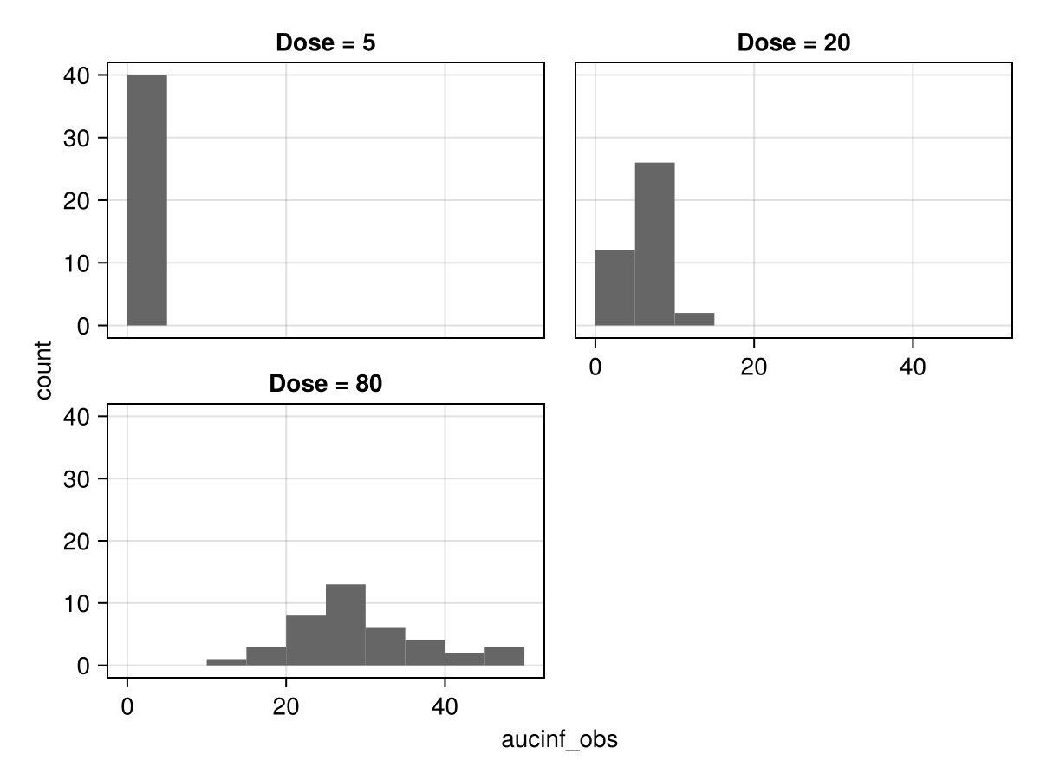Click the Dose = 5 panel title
pos(325,42)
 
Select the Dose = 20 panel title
pos(794,42)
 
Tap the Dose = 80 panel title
pos(325,384)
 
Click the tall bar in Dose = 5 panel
pos(146,200)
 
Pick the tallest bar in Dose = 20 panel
pos(654,244)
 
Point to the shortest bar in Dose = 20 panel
pos(694,319)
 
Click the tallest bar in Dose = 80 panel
pos(346,625)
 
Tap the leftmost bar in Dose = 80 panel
pos(226,662)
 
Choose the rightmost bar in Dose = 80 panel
pos(504,656)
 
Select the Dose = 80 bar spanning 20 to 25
pos(306,640)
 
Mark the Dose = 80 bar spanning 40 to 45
pos(465,659)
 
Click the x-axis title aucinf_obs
pos(559,740)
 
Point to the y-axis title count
pos(43,370)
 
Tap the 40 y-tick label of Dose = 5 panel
pos(79,75)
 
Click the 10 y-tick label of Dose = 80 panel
pos(79,603)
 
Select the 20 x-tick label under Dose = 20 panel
pos(754,367)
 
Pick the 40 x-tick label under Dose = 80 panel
pos(445,706)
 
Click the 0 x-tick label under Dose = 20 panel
pos(595,367)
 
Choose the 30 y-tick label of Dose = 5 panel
pos(79,138)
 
